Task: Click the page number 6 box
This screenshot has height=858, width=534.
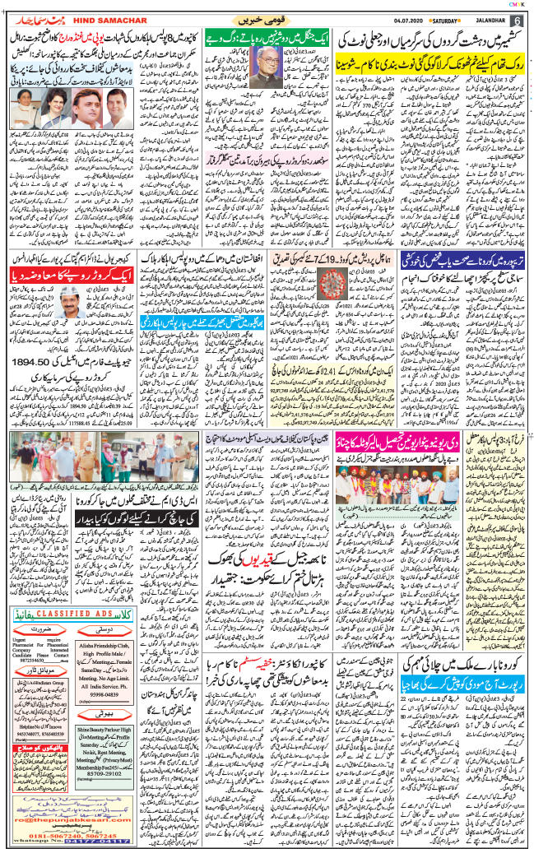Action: tap(517, 21)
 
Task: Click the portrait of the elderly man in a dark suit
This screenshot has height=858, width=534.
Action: tap(262, 78)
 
